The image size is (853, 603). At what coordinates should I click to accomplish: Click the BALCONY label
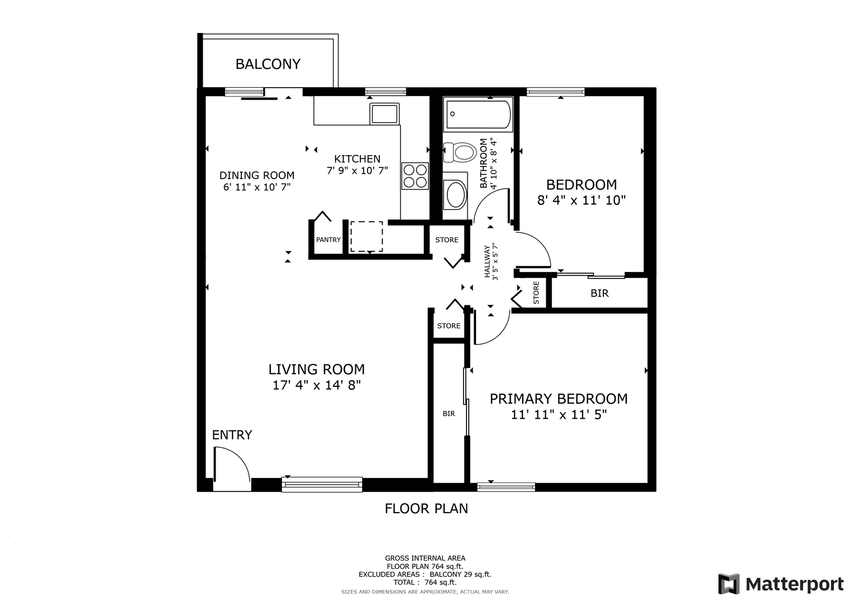tap(268, 64)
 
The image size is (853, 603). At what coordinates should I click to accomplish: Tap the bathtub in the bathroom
tap(478, 114)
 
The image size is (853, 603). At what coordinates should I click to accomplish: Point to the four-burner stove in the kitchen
tap(415, 176)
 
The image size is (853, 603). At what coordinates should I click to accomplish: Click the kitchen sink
tap(385, 114)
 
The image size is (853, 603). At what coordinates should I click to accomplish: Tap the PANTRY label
tap(328, 240)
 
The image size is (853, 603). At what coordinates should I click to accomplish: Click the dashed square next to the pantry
tap(366, 236)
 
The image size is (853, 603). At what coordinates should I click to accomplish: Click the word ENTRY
tap(232, 435)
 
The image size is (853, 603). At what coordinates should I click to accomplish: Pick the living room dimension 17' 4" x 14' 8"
tap(316, 385)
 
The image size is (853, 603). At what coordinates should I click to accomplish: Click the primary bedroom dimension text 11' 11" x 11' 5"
tap(559, 414)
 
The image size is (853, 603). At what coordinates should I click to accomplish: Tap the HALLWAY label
tap(487, 261)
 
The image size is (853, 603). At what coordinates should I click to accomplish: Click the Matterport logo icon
tap(729, 583)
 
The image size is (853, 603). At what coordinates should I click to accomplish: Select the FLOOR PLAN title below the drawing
tap(426, 509)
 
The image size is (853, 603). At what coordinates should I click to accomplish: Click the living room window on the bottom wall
tap(322, 485)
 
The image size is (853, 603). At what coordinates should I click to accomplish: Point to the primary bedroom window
tap(506, 487)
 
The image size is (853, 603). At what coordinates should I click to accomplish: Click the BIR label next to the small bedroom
tap(599, 293)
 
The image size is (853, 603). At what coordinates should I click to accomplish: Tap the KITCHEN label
tap(357, 159)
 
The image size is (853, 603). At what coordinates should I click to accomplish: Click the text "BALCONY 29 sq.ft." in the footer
tap(460, 575)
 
